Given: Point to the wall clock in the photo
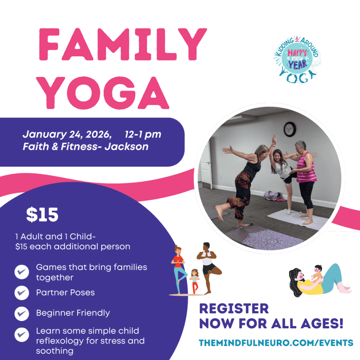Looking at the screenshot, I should click(x=290, y=129).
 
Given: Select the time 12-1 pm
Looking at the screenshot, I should click(x=143, y=135).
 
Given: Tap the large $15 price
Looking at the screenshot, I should click(x=42, y=216).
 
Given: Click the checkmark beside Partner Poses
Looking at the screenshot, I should click(x=22, y=292).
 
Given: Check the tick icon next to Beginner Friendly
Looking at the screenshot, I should click(x=22, y=313).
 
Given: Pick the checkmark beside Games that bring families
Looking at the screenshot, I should click(x=22, y=272).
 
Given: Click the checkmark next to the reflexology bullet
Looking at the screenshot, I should click(x=22, y=335).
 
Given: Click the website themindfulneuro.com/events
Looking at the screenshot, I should click(x=276, y=342).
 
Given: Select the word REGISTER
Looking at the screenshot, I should click(x=234, y=309).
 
